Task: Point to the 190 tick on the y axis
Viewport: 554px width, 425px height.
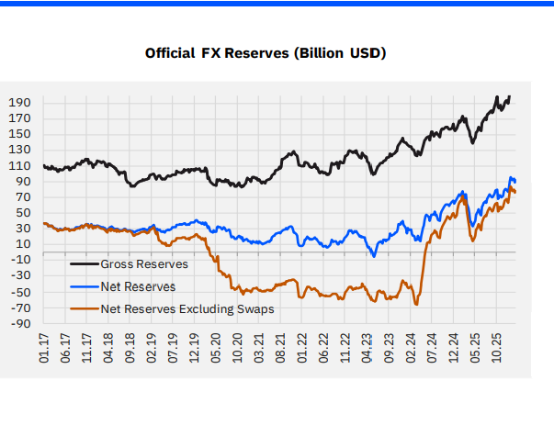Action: pos(21,102)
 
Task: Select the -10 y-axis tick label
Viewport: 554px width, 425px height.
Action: pos(21,260)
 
